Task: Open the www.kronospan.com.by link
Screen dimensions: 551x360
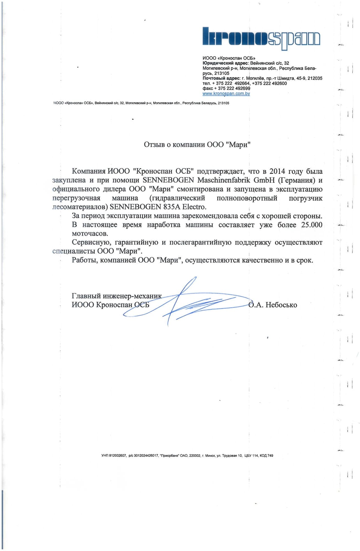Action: [x=226, y=94]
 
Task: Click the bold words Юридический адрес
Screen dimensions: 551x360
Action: [x=224, y=63]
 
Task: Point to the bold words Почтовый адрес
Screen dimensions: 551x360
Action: [x=221, y=78]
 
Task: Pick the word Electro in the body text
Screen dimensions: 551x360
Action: [x=194, y=207]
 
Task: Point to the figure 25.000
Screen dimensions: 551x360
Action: [x=312, y=225]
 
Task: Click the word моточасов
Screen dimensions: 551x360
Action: [x=90, y=234]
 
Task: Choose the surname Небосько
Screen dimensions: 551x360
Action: [x=281, y=305]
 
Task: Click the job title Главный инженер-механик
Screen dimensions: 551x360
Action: [x=117, y=296]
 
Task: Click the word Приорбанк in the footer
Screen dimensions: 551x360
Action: [x=170, y=455]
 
